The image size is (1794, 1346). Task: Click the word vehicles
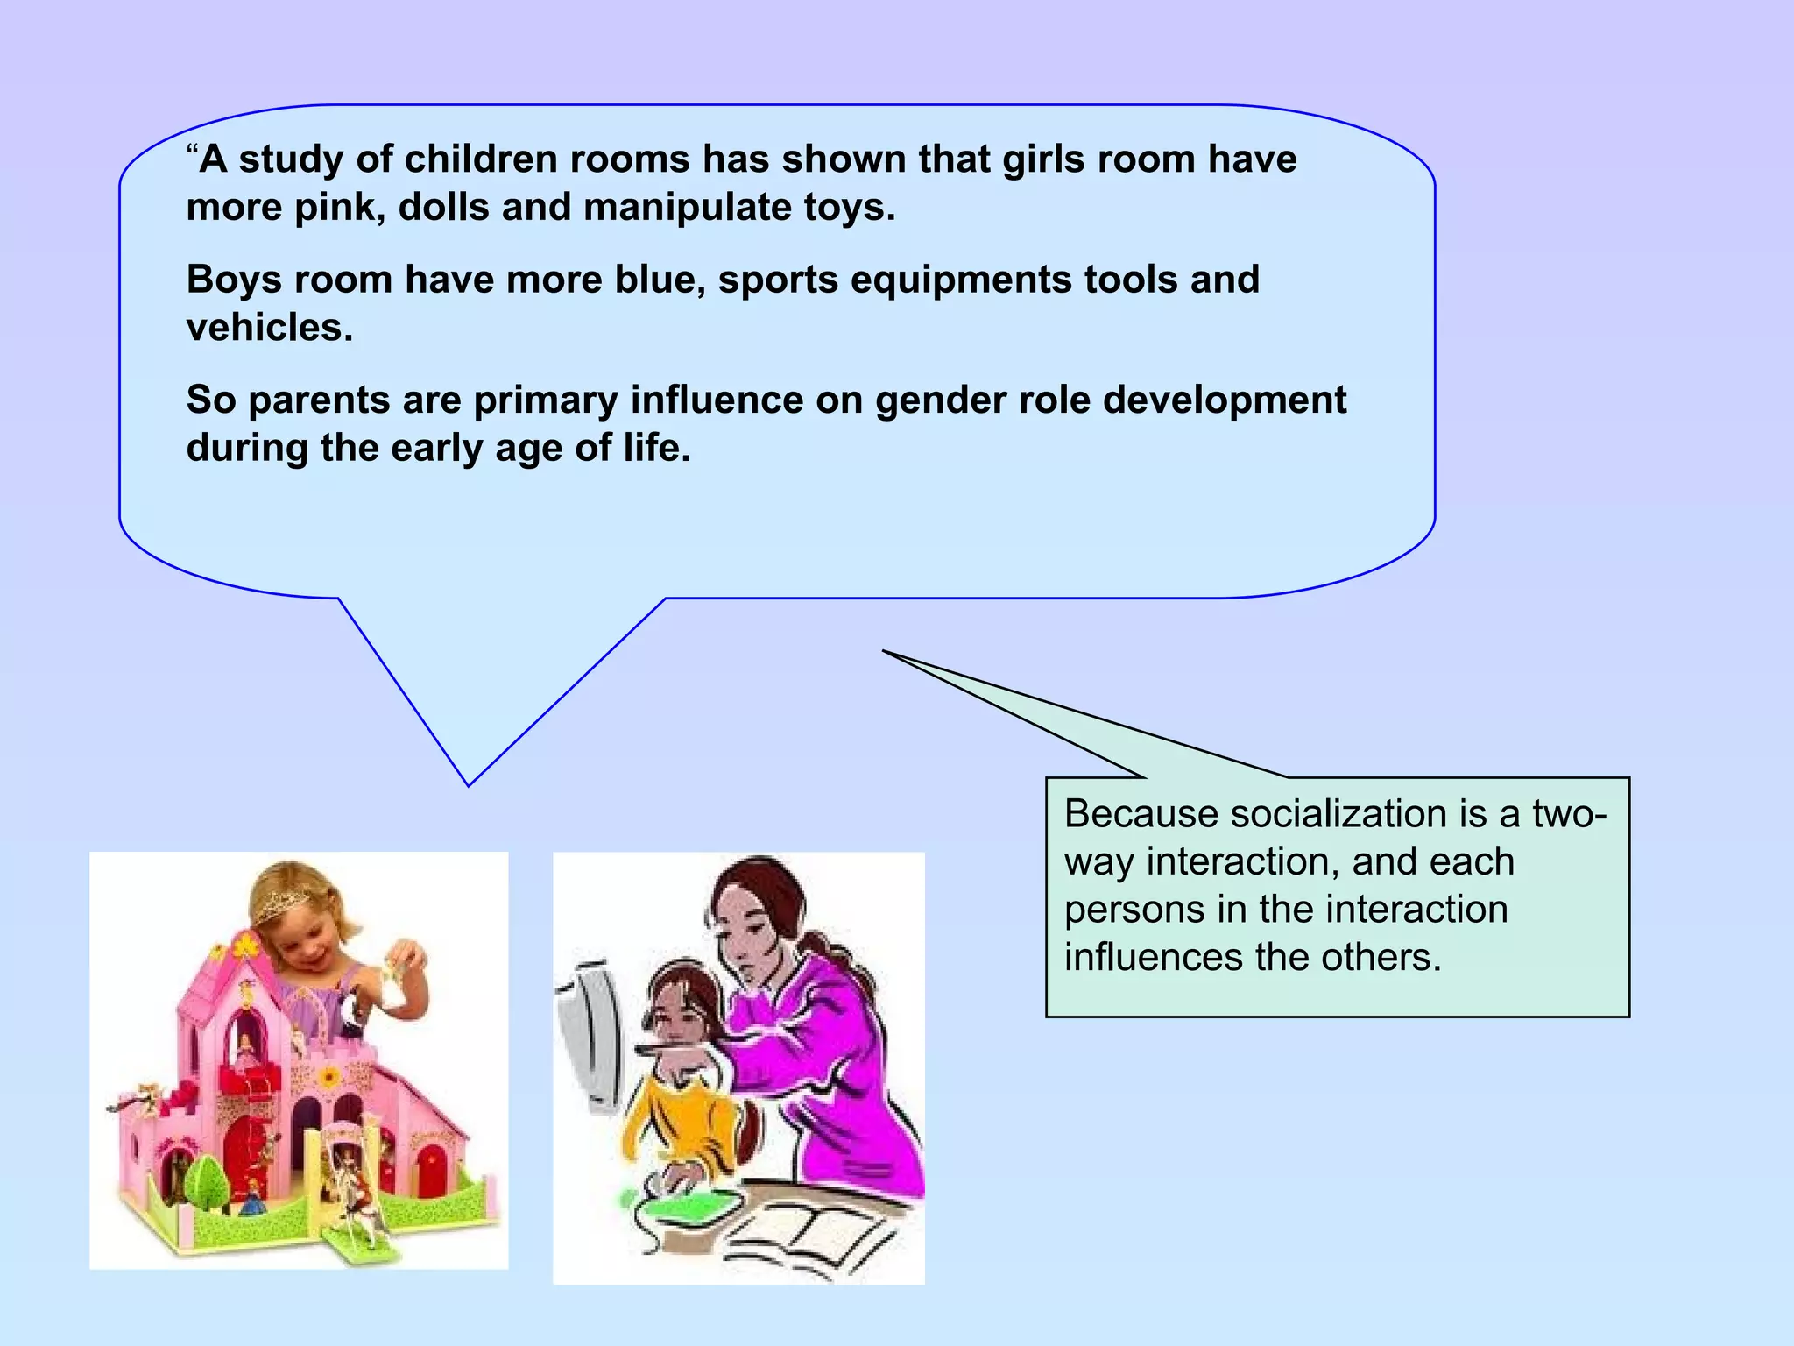pos(268,329)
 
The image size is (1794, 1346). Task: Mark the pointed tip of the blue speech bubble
pos(469,784)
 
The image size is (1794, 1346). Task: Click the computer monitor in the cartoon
pos(592,1034)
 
